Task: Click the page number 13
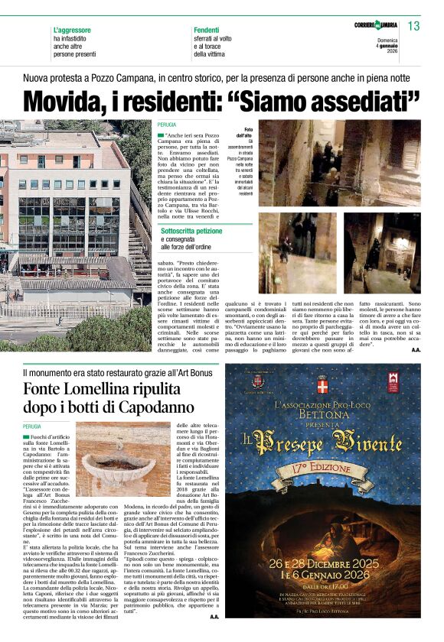413,26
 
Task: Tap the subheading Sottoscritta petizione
196,229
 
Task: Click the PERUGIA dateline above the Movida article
167,125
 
